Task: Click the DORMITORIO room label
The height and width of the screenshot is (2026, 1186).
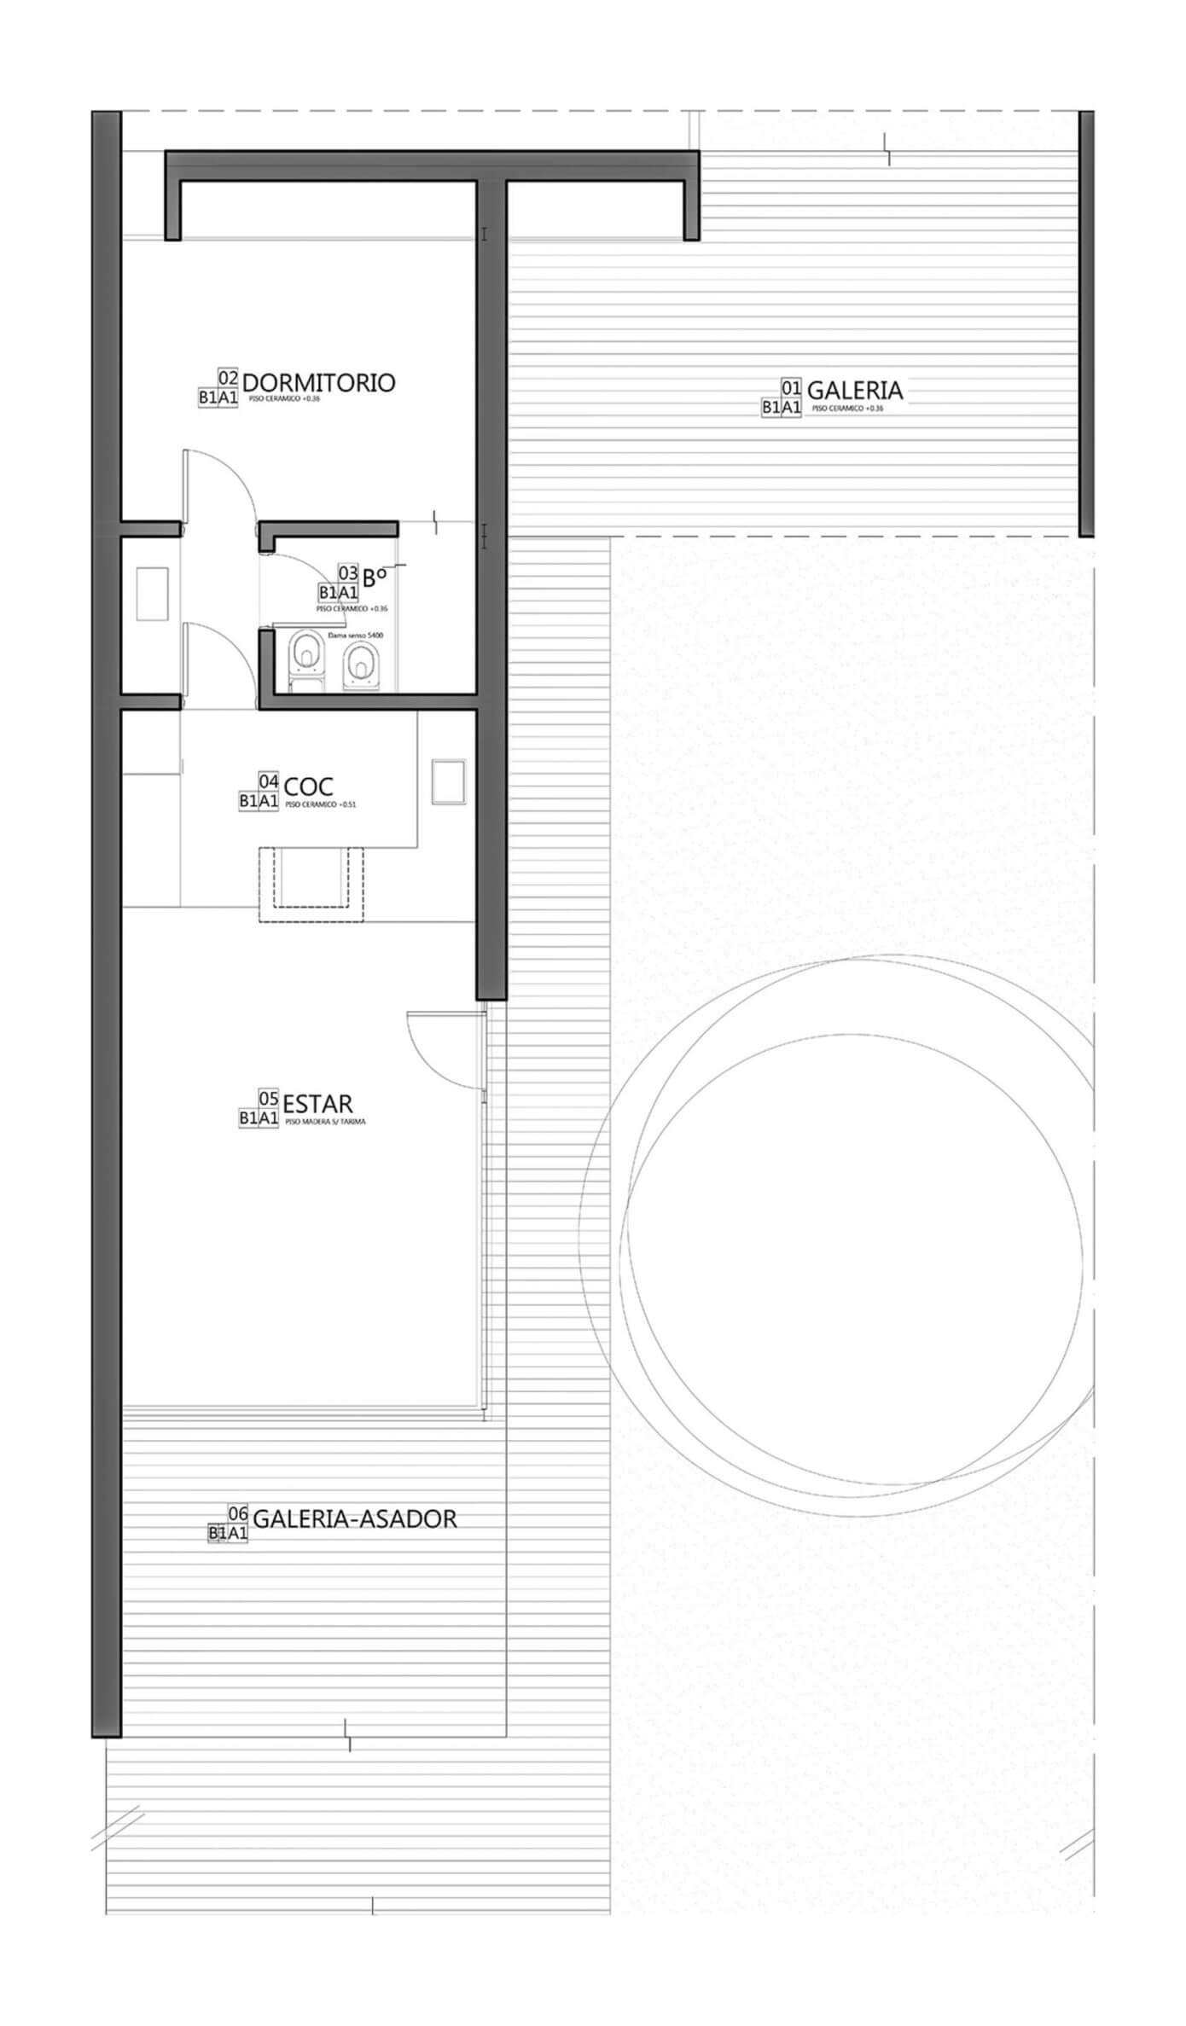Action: (x=318, y=382)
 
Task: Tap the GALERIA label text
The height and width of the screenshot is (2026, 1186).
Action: (x=854, y=391)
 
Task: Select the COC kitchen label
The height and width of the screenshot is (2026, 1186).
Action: (x=308, y=785)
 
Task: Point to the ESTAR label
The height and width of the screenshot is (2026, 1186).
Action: (x=317, y=1104)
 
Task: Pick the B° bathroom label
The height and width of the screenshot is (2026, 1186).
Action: (x=375, y=578)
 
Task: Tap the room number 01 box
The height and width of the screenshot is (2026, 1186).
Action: (x=791, y=389)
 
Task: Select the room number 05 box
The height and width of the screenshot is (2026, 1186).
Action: (x=268, y=1099)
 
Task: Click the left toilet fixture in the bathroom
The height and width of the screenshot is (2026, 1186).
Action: (x=306, y=656)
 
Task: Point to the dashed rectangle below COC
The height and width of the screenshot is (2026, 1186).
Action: (x=311, y=884)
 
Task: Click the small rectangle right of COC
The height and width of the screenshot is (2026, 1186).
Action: (x=448, y=781)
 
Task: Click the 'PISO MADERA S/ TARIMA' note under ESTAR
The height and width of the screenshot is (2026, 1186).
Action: (x=325, y=1122)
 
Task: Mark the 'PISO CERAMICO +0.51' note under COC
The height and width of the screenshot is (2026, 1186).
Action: (x=320, y=804)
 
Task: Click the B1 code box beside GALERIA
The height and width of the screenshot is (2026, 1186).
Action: (x=771, y=408)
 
